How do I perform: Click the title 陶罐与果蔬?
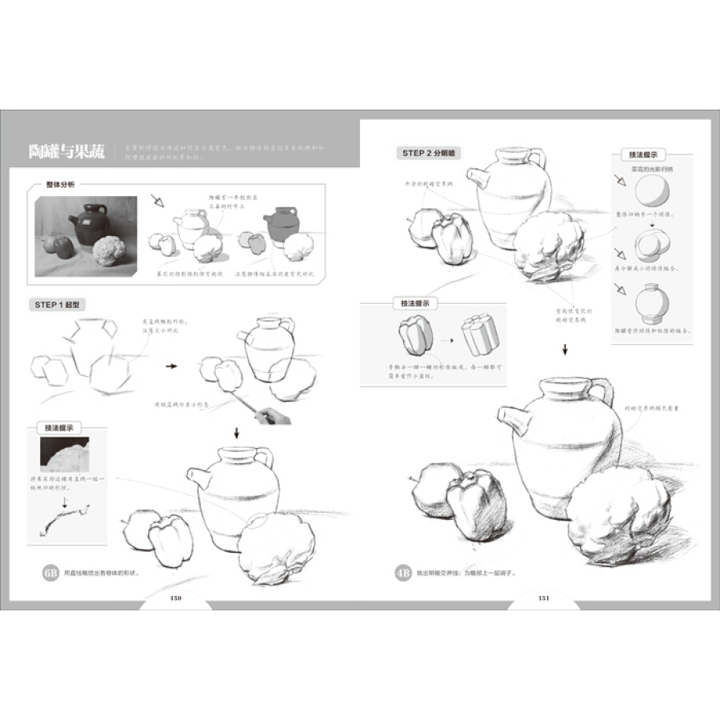click(65, 150)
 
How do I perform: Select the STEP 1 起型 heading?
click(59, 305)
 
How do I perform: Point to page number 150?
click(177, 598)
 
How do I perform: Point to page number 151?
click(542, 598)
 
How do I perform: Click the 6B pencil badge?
click(50, 572)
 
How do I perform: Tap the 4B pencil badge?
click(403, 572)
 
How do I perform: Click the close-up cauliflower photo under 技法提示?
click(65, 455)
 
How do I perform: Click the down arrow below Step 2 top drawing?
click(565, 348)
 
